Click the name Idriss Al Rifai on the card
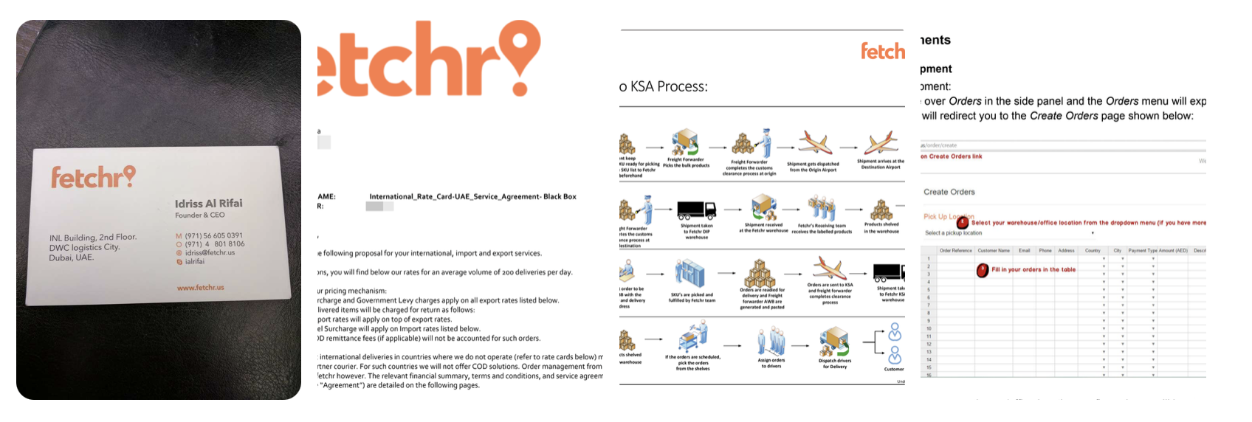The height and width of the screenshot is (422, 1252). [x=208, y=203]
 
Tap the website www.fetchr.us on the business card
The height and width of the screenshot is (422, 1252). [x=200, y=287]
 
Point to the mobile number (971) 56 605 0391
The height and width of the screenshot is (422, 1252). [x=213, y=235]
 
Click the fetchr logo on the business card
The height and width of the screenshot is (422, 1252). [x=93, y=177]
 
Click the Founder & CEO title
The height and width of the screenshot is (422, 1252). [x=199, y=215]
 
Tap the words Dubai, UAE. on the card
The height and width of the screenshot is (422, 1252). [x=72, y=257]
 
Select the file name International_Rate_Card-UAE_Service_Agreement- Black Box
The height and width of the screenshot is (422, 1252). [x=472, y=197]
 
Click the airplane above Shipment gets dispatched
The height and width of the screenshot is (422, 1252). [x=815, y=143]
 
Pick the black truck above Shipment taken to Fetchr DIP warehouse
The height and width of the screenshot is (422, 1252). [x=696, y=210]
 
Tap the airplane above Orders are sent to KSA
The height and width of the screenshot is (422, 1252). [x=830, y=267]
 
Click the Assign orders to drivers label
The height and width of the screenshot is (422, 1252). [x=771, y=363]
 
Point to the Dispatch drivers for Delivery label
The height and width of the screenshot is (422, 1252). [x=835, y=363]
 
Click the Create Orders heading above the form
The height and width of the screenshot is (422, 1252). [x=949, y=192]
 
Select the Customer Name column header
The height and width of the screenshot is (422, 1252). [x=994, y=251]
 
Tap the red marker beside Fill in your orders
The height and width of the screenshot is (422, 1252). [x=983, y=271]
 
